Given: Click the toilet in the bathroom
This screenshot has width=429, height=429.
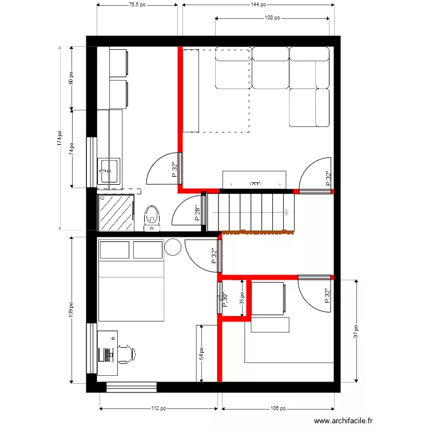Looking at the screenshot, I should (152, 216).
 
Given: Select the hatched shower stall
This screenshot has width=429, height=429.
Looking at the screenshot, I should (117, 212).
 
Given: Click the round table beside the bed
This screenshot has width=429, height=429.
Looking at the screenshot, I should (172, 247).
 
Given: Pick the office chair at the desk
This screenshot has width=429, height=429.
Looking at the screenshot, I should (126, 354).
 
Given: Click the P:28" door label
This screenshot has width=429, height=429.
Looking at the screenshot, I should (198, 213).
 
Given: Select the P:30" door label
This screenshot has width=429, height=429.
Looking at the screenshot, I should (225, 300).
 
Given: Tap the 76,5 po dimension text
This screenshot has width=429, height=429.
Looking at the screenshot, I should (136, 5).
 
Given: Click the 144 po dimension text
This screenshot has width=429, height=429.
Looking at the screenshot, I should (259, 5).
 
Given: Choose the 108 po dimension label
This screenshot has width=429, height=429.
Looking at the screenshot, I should (272, 18).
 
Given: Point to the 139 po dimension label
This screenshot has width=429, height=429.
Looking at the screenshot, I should (71, 309).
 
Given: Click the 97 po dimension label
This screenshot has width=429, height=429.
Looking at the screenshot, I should (355, 332).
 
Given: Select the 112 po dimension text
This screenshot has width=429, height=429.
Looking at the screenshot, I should (158, 409).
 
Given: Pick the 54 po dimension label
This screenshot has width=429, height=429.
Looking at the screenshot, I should (201, 355).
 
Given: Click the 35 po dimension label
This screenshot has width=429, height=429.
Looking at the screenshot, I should (242, 297).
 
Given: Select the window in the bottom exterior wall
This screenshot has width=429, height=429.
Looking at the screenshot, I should (132, 387).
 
